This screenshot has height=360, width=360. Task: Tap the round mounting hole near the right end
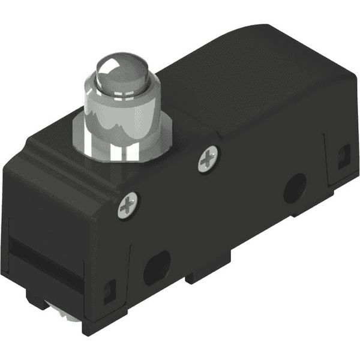pos(295,191)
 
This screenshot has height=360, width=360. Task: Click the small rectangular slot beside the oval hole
pos(110,290)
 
